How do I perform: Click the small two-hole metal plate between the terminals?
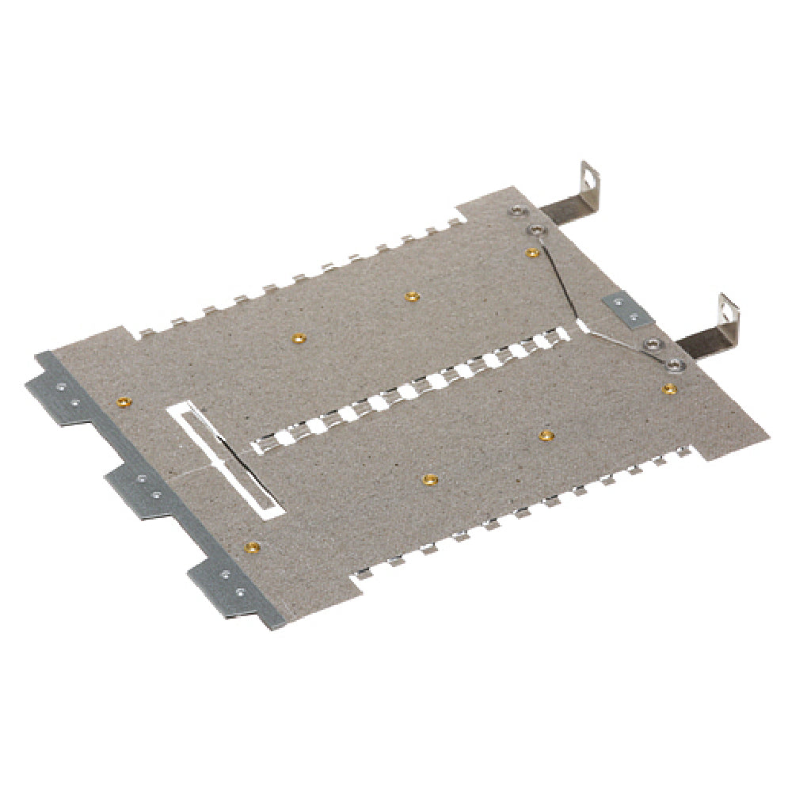click(x=628, y=310)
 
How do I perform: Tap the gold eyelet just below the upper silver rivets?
click(x=533, y=253)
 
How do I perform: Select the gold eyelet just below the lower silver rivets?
click(x=669, y=388)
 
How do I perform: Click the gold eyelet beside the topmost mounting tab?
click(x=123, y=402)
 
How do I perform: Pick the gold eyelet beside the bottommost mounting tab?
click(x=252, y=546)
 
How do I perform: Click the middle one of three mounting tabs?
click(x=139, y=491)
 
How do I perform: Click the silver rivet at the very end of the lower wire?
click(x=674, y=364)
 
